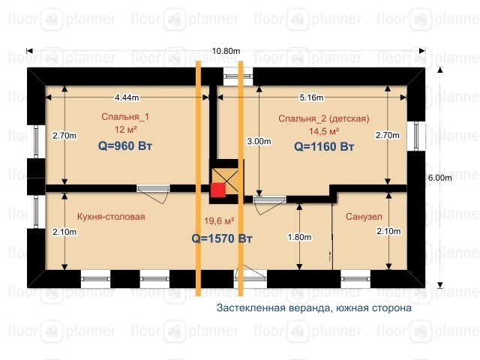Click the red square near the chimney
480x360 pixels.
click(x=218, y=190)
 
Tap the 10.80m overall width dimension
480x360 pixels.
click(x=226, y=51)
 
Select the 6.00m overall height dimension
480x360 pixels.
click(x=440, y=178)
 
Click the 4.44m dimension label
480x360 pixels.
click(x=127, y=97)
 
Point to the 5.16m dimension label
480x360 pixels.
click(x=311, y=97)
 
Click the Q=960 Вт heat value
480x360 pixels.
click(x=125, y=145)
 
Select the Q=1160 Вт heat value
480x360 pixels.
click(x=324, y=147)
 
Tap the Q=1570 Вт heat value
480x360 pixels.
click(x=222, y=238)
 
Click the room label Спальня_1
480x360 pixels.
click(x=125, y=117)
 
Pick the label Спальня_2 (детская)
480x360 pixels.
click(x=324, y=118)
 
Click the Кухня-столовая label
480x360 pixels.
click(x=111, y=217)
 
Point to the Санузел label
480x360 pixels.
click(x=364, y=217)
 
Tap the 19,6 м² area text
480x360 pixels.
click(x=219, y=220)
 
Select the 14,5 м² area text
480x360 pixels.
click(x=324, y=131)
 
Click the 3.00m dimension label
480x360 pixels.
click(x=259, y=141)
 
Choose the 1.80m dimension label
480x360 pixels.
click(x=299, y=237)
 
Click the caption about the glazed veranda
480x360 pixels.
click(x=314, y=307)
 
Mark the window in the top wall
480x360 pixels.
click(x=238, y=76)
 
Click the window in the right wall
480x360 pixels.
click(x=416, y=136)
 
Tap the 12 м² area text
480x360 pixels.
click(x=125, y=130)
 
